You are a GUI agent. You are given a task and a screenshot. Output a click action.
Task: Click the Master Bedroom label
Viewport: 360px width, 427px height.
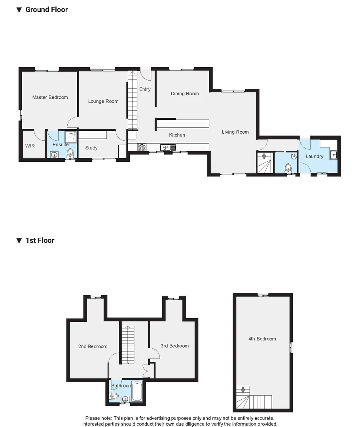50,97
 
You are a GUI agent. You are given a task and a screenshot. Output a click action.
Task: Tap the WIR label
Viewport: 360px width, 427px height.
30,146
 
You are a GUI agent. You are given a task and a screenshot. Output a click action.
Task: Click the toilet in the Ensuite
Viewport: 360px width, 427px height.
70,153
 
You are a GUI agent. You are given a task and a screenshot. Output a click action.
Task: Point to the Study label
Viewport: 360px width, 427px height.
91,148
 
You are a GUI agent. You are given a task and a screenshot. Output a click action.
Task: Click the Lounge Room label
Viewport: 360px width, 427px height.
103,101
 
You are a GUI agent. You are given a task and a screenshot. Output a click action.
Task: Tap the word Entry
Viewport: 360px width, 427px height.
145,89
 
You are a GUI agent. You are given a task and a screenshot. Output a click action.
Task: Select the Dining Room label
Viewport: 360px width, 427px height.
185,94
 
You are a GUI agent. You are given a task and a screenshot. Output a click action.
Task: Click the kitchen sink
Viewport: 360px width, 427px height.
168,148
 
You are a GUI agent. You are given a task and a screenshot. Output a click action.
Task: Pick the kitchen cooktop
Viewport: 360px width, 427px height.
142,147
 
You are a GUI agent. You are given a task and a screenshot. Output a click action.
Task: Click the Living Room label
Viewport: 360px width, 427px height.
235,132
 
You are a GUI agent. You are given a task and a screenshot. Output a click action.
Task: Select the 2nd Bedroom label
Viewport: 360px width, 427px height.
93,346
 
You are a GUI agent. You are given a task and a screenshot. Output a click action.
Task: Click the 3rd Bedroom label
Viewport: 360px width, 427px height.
174,346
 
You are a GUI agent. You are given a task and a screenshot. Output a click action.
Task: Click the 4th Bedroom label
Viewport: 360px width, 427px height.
262,339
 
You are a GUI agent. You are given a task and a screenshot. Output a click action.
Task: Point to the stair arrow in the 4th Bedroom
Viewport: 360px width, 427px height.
243,391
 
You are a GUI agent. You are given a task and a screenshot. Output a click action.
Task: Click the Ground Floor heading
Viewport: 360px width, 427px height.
47,9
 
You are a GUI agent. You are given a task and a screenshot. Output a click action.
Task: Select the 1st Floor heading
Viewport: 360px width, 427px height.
40,240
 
